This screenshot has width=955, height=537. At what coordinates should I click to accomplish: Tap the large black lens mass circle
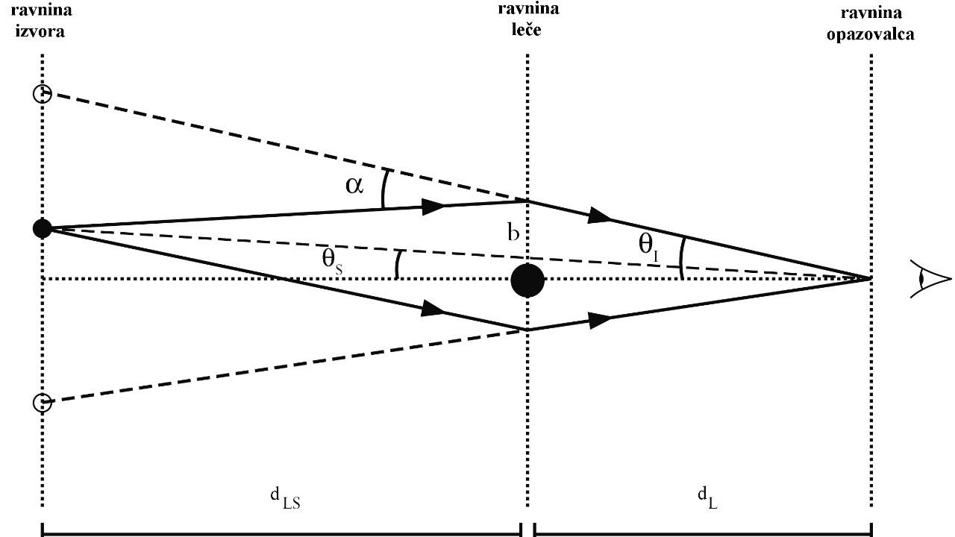click(527, 281)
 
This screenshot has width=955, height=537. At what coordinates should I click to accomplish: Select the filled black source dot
click(43, 228)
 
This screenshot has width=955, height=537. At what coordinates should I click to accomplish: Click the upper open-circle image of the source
click(42, 94)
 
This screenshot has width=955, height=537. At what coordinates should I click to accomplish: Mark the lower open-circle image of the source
click(42, 403)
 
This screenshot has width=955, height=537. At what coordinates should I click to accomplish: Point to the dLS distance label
click(284, 498)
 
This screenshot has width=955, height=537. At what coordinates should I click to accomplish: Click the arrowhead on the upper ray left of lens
click(433, 205)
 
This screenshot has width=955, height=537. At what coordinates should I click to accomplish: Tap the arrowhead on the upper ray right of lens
click(600, 216)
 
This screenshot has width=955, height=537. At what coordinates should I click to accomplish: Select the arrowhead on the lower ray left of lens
click(433, 309)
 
